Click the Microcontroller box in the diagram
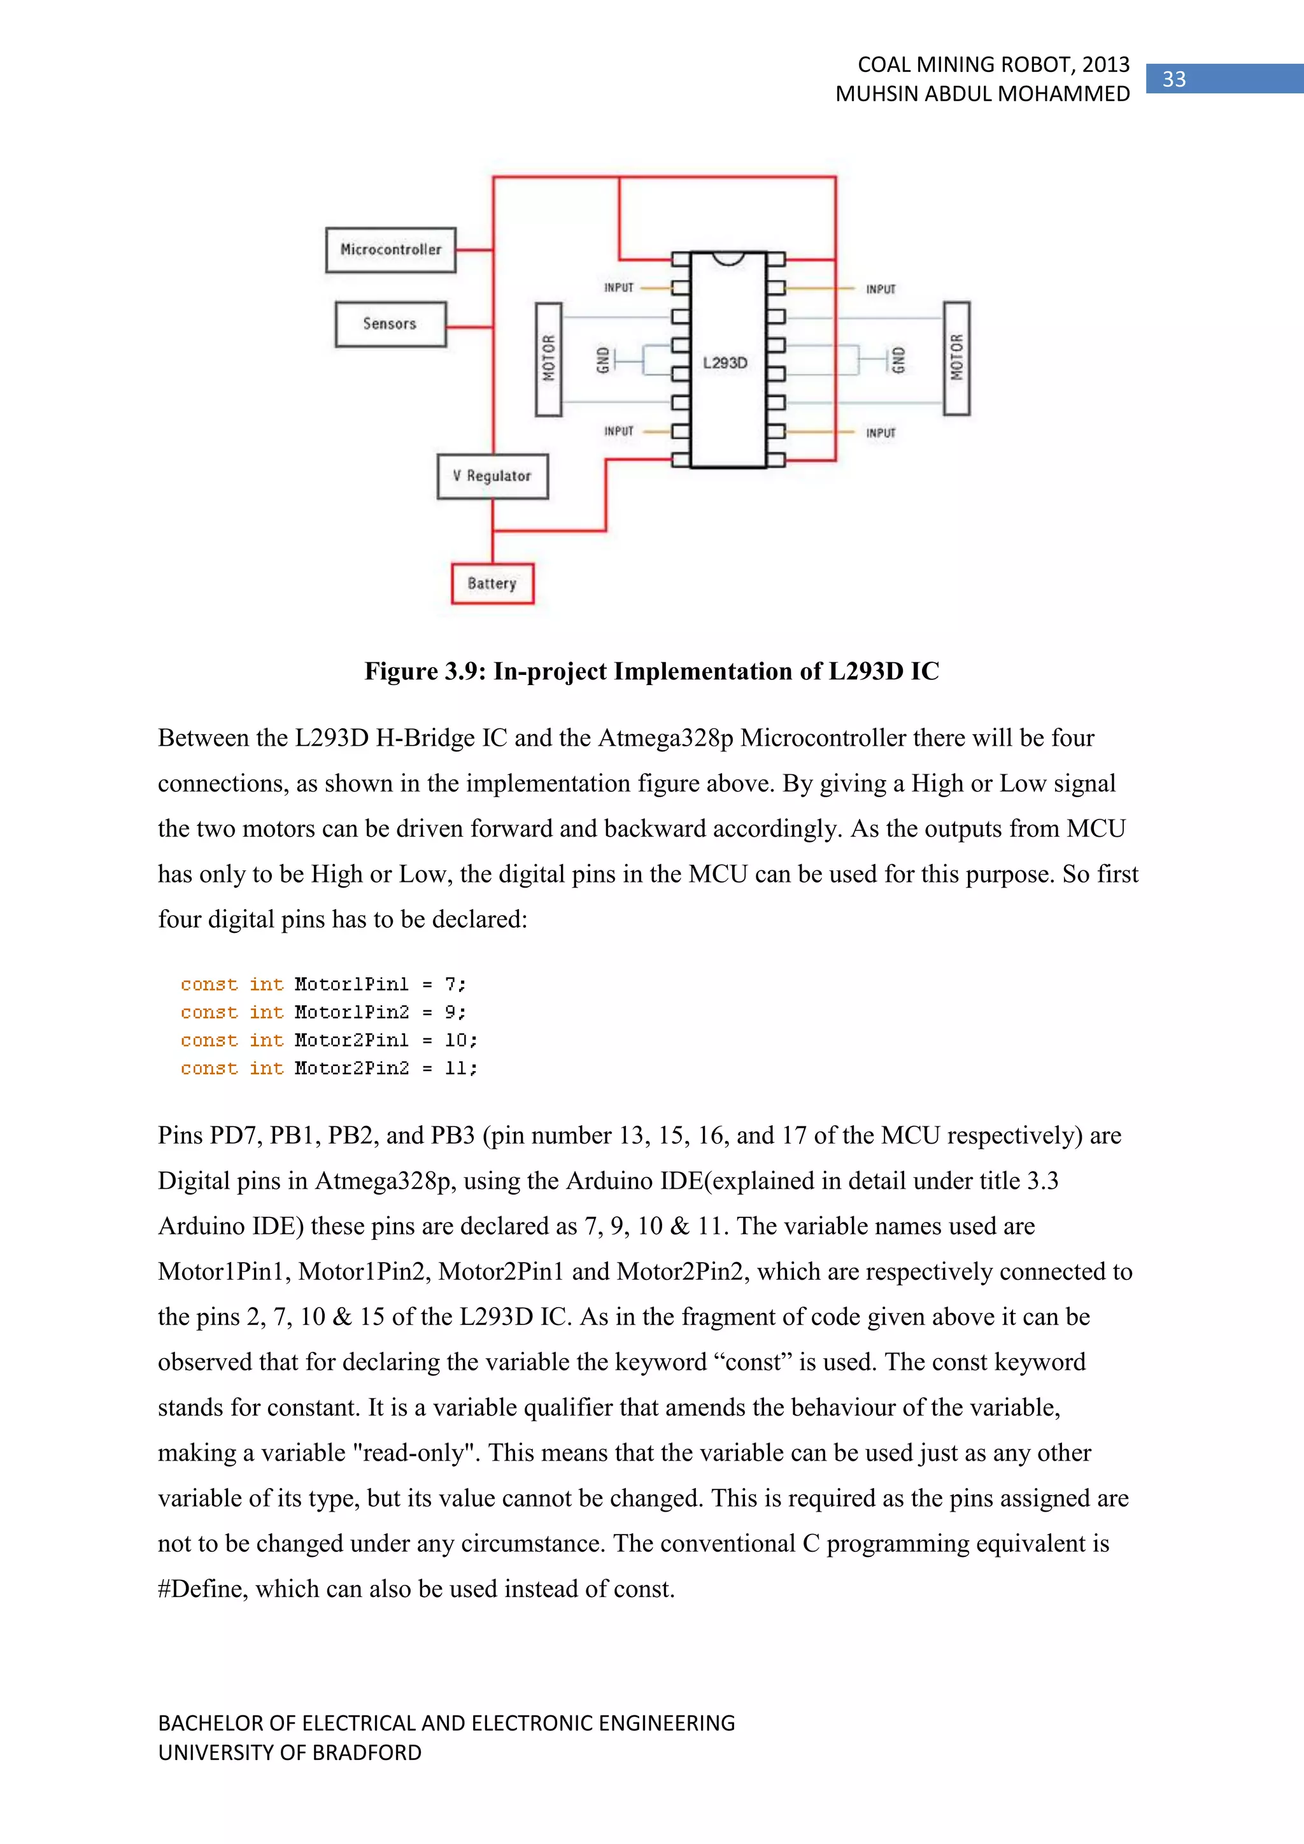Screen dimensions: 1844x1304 (390, 250)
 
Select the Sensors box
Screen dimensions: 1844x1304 (390, 323)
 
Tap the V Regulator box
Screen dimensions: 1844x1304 (492, 476)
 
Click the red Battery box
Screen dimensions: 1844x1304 (492, 584)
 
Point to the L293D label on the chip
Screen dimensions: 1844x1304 (725, 363)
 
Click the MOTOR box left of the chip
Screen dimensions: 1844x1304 (548, 359)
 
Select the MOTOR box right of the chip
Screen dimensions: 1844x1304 (956, 358)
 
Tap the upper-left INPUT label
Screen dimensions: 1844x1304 (618, 288)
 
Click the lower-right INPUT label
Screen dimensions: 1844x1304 (880, 433)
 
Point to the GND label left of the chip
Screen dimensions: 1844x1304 (602, 360)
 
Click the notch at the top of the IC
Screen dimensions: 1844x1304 (728, 258)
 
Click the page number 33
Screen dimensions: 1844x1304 (1174, 79)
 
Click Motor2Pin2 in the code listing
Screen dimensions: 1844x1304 (351, 1068)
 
